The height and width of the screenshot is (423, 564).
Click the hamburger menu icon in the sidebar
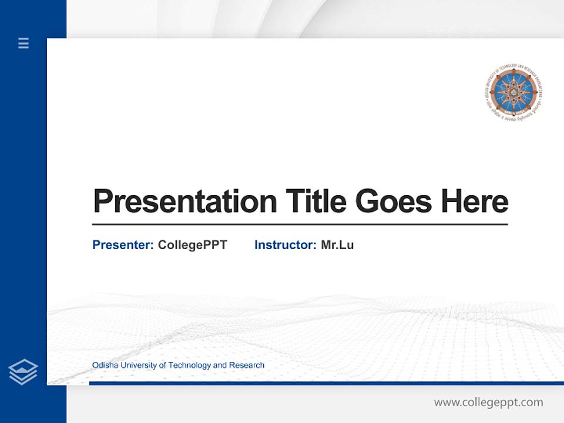(x=23, y=43)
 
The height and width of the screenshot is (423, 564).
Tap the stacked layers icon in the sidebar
(x=23, y=372)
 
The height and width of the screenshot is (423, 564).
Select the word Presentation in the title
(x=184, y=202)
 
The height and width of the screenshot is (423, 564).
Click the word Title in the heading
(x=315, y=202)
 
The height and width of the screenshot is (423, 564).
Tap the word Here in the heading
(x=475, y=202)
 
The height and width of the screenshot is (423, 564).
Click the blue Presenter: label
(x=123, y=245)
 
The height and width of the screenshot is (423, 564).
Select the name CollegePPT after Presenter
(x=192, y=245)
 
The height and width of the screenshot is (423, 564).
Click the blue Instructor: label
(x=285, y=245)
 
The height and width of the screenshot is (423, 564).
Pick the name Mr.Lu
(x=337, y=245)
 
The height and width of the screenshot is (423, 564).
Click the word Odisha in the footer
(x=104, y=365)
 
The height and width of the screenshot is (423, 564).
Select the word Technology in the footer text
(x=189, y=365)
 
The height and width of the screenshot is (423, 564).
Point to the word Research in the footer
(x=247, y=365)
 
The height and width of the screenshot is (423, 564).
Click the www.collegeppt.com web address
(x=488, y=402)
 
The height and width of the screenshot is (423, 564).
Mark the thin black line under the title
(x=300, y=224)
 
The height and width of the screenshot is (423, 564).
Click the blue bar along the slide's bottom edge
(x=326, y=383)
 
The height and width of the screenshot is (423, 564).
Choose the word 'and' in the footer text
(x=220, y=365)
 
